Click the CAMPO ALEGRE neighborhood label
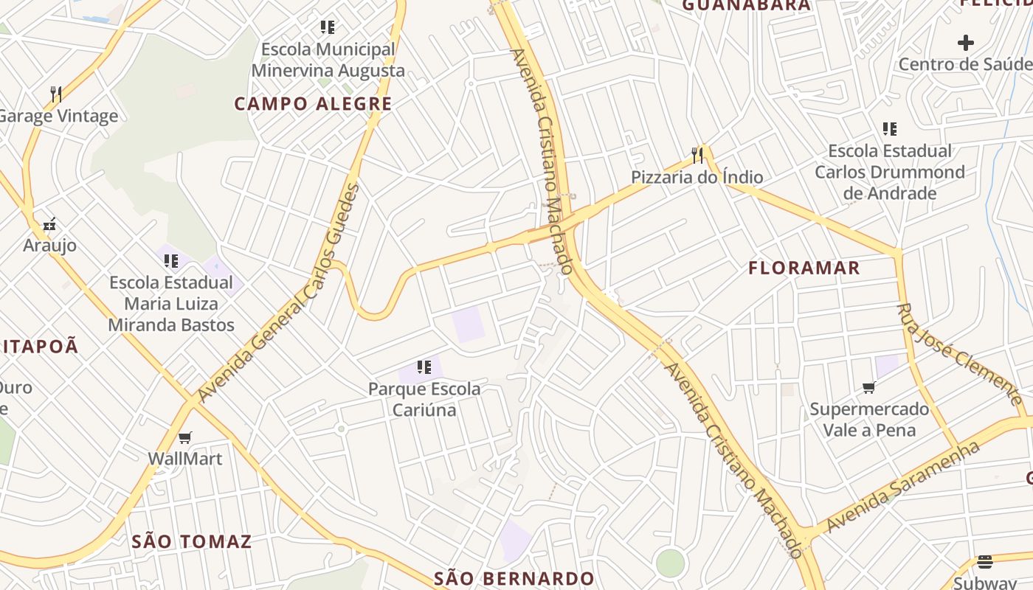313,104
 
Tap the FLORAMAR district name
804,268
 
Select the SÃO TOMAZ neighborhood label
192,541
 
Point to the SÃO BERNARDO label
514,578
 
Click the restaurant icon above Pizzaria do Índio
697,155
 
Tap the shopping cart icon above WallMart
185,437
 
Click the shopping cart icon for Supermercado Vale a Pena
869,387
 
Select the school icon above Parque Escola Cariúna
424,367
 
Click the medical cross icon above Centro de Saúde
966,43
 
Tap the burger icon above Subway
985,562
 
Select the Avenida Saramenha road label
903,487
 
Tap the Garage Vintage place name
58,116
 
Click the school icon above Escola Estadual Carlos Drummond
890,129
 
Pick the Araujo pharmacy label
49,245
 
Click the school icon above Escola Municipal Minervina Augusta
328,28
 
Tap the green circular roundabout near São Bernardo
670,563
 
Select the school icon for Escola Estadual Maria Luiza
171,260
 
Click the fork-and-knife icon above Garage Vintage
55,94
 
